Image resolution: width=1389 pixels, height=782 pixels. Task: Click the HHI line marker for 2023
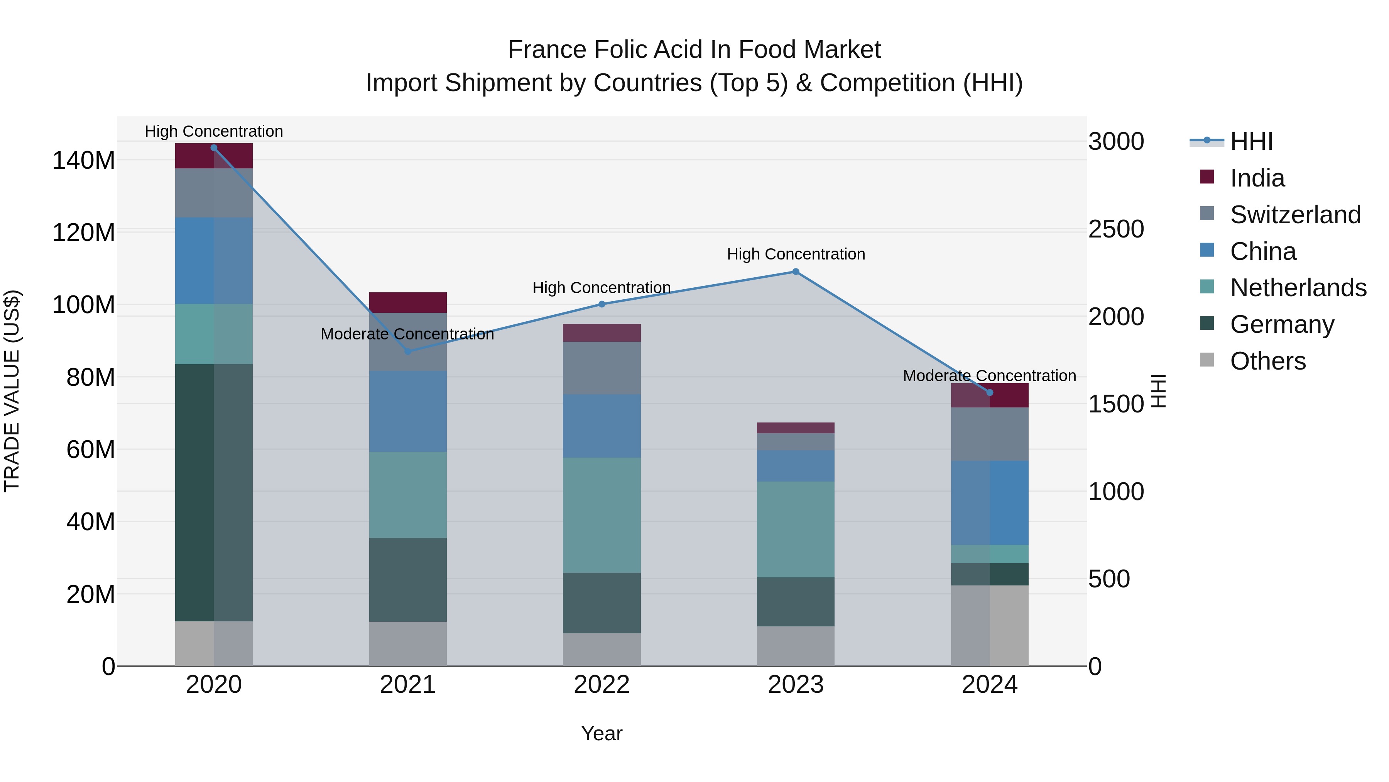(795, 272)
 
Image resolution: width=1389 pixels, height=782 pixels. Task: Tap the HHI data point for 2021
(408, 351)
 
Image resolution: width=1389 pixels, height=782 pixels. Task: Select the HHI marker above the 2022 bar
(602, 304)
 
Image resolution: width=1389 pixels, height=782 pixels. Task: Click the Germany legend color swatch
(1207, 323)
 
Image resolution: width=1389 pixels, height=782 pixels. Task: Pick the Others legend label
(1268, 361)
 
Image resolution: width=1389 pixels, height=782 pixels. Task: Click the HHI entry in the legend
(1251, 141)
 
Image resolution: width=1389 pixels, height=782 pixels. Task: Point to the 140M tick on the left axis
(84, 160)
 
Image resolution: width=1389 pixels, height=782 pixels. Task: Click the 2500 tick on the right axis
(1115, 229)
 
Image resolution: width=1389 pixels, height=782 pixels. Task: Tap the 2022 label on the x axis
(602, 685)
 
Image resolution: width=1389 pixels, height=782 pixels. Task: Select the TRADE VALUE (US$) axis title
(12, 391)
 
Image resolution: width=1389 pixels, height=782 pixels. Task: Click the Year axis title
(602, 733)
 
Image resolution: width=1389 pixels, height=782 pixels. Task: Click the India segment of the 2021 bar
(408, 302)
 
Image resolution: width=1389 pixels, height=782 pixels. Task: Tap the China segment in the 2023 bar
(795, 466)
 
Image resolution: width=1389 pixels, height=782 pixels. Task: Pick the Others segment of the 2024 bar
(989, 626)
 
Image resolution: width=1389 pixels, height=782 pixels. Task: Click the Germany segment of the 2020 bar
(213, 492)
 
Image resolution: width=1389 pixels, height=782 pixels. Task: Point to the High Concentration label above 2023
(795, 254)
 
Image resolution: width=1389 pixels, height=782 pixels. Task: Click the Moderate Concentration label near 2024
(989, 376)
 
